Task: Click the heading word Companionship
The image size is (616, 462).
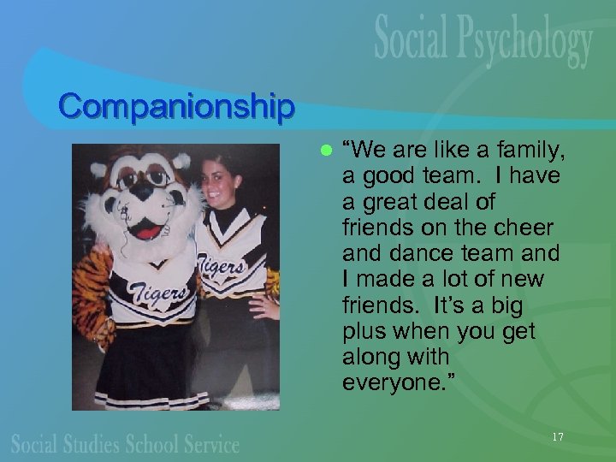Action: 177,107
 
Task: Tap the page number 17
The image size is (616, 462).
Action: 558,437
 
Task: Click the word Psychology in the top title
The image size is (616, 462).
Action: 524,42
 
